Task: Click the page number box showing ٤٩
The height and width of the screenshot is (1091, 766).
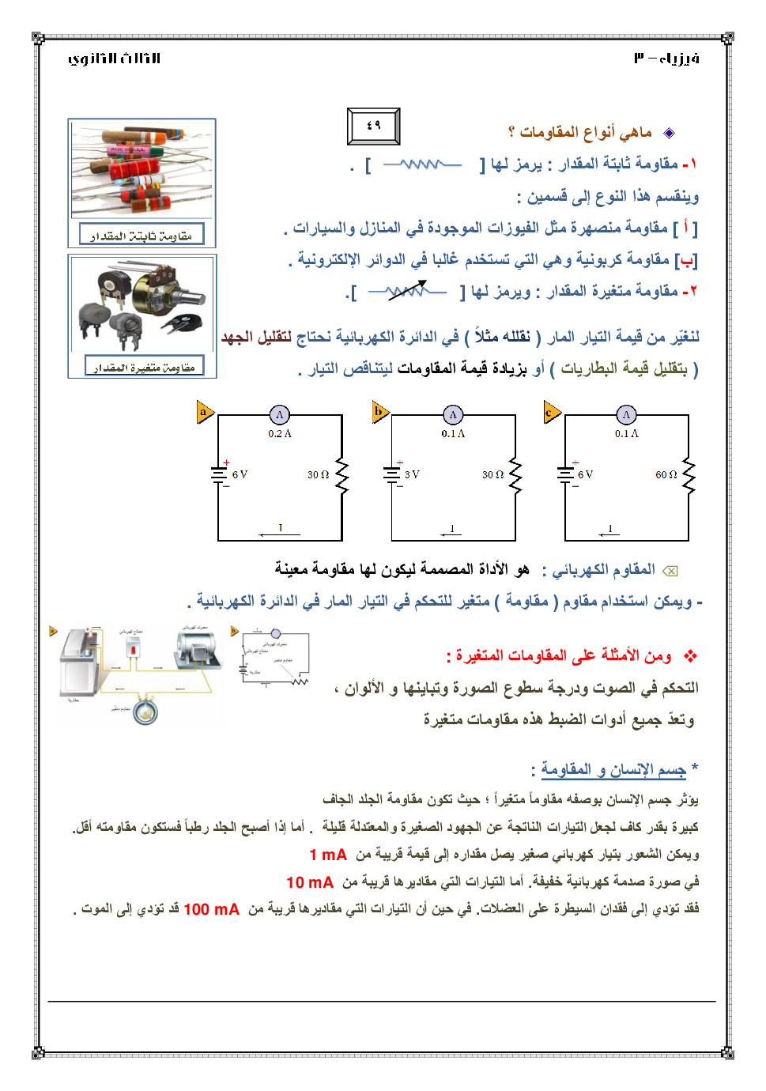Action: pyautogui.click(x=374, y=126)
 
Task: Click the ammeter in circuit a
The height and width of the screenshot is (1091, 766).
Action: pyautogui.click(x=280, y=415)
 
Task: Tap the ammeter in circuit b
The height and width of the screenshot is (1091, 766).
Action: pyautogui.click(x=453, y=415)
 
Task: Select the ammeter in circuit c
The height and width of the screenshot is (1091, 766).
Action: pyautogui.click(x=626, y=415)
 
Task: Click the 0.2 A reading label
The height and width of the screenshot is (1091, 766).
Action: pyautogui.click(x=280, y=434)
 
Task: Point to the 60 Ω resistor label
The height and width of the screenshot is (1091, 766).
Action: pyautogui.click(x=666, y=475)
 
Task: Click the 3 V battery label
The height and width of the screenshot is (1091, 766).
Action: pyautogui.click(x=412, y=475)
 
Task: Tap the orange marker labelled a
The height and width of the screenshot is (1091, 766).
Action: pyautogui.click(x=205, y=412)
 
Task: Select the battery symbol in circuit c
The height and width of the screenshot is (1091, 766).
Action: pyautogui.click(x=565, y=474)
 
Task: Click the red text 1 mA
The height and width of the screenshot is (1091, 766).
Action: pyautogui.click(x=328, y=855)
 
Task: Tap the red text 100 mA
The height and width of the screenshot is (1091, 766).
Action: pyautogui.click(x=211, y=909)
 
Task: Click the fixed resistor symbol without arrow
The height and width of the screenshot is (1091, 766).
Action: pyautogui.click(x=423, y=164)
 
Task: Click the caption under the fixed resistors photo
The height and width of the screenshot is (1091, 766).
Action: pyautogui.click(x=142, y=235)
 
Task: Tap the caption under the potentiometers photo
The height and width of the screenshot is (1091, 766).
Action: pyautogui.click(x=144, y=366)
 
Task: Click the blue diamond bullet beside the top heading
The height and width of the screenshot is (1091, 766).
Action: pyautogui.click(x=669, y=133)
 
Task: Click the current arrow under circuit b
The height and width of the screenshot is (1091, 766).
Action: pyautogui.click(x=451, y=534)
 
